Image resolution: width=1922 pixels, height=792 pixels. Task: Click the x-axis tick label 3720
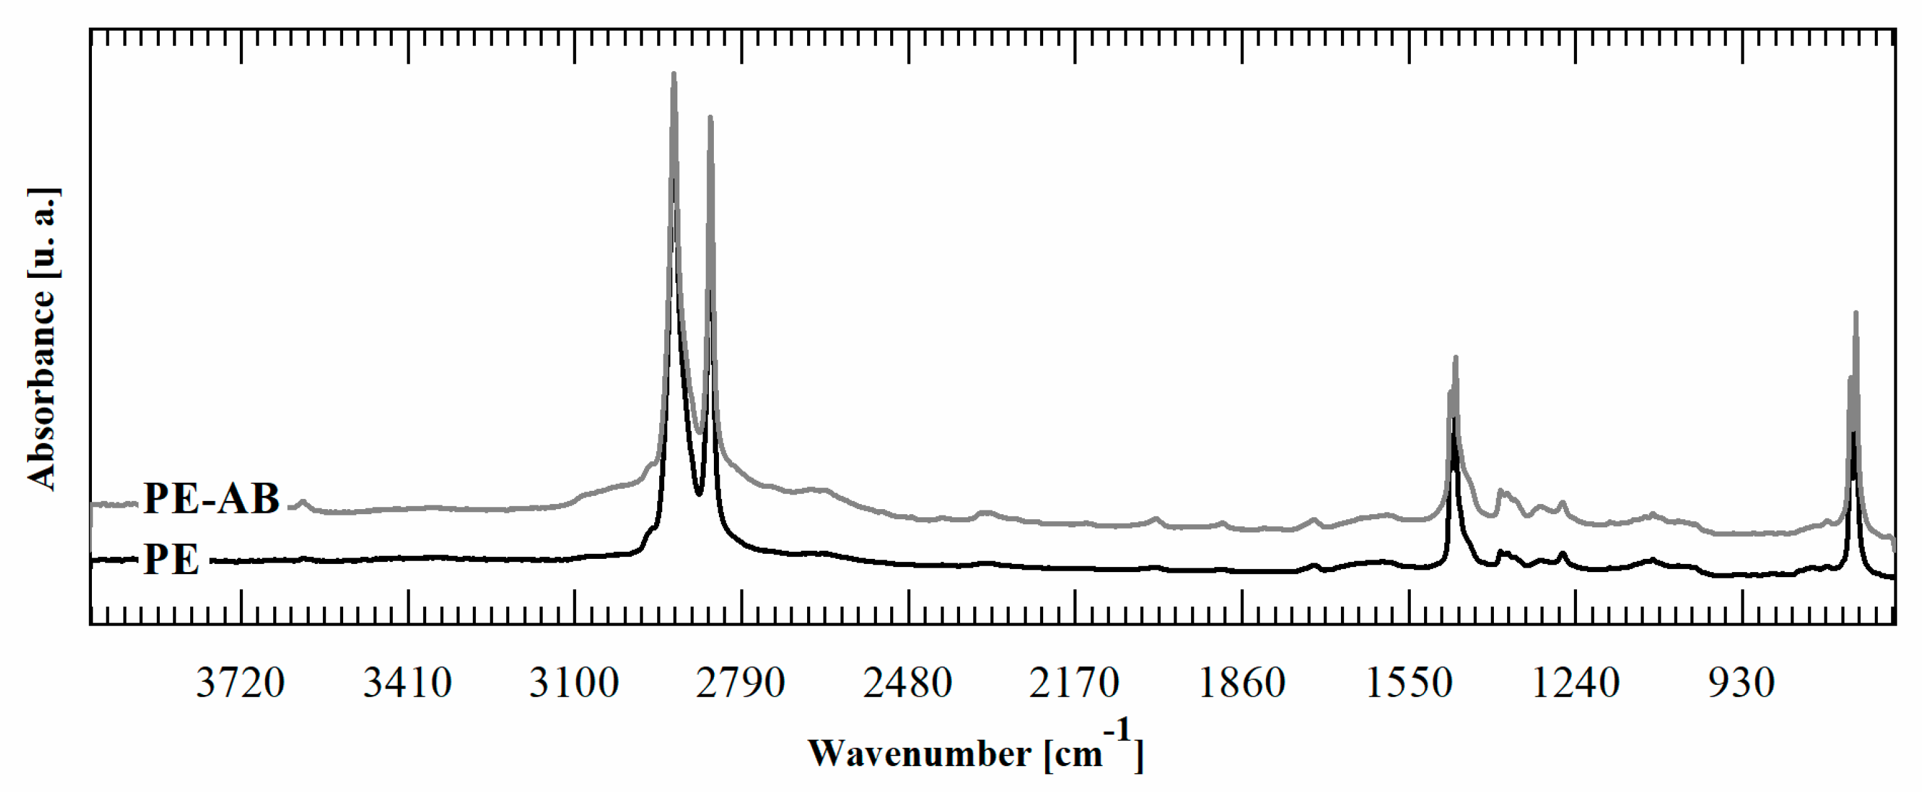click(x=240, y=682)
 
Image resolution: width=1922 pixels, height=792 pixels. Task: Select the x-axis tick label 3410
click(x=407, y=682)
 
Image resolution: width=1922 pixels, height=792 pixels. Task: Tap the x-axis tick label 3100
click(x=574, y=682)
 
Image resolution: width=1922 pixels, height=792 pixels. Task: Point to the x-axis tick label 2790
click(x=741, y=682)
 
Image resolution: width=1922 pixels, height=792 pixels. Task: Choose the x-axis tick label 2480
click(x=907, y=682)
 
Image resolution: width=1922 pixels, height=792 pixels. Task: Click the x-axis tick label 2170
click(x=1075, y=682)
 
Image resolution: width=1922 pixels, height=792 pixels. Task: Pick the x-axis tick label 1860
click(x=1241, y=682)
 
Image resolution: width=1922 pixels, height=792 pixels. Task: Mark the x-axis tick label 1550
click(x=1409, y=682)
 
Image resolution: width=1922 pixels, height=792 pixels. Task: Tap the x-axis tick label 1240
click(x=1575, y=682)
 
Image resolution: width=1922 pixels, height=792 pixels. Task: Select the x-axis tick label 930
click(x=1741, y=682)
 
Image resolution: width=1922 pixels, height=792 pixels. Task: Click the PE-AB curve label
click(x=211, y=498)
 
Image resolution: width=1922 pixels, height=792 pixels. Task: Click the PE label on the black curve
click(x=172, y=559)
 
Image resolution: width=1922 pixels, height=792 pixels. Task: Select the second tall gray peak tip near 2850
click(x=709, y=117)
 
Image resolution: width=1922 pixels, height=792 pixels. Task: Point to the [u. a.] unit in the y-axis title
click(x=41, y=233)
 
